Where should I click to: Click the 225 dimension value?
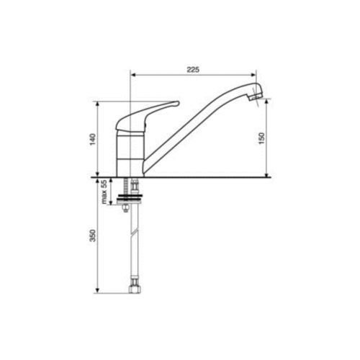tap(193, 70)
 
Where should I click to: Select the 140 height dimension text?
tap(93, 139)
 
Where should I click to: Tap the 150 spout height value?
tap(261, 138)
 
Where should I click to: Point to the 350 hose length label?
tap(93, 235)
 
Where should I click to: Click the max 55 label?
tap(104, 192)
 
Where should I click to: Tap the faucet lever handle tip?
tap(178, 103)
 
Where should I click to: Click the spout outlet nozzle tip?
tap(255, 97)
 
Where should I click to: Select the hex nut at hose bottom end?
tap(135, 289)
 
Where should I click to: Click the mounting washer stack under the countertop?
tap(130, 200)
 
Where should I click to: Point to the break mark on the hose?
tap(135, 232)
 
